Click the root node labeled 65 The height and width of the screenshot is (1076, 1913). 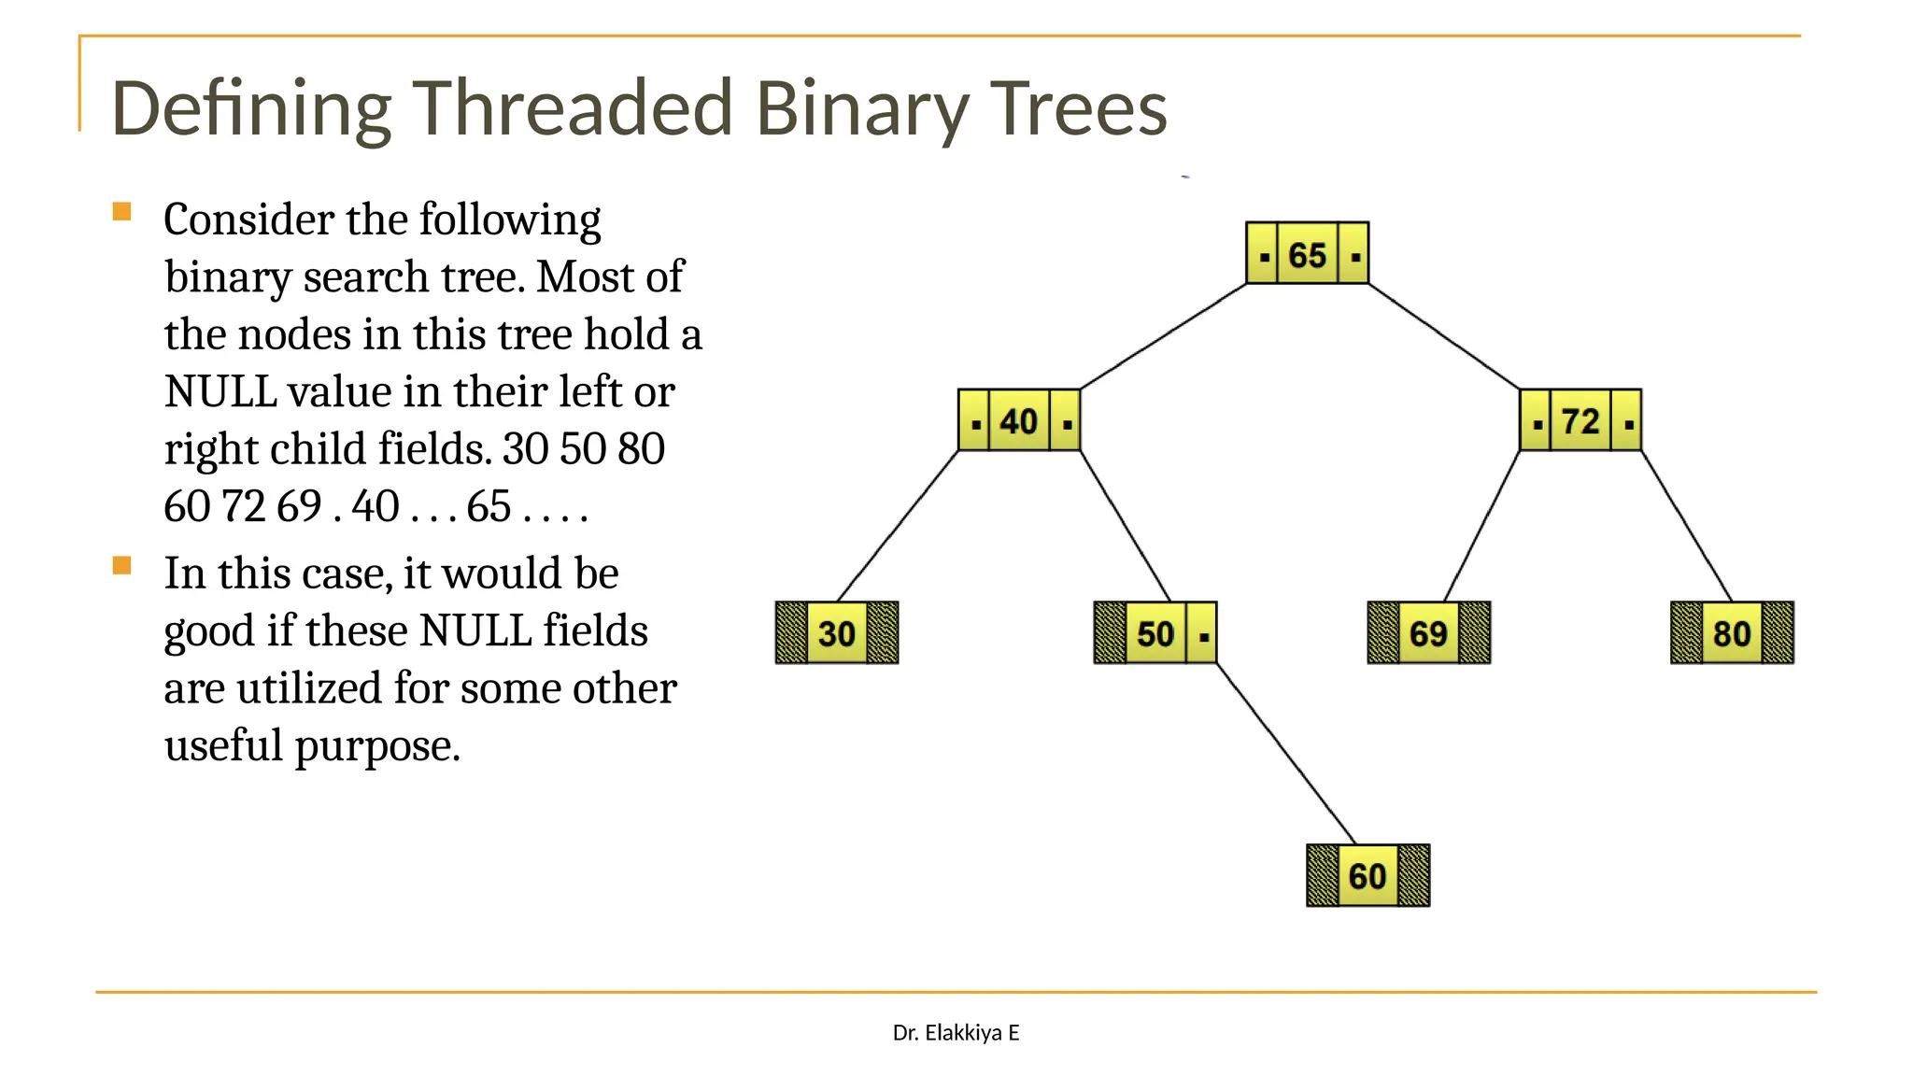(x=1307, y=254)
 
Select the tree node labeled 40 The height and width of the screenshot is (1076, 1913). (x=1019, y=421)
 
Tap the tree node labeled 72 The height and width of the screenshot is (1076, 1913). (x=1580, y=421)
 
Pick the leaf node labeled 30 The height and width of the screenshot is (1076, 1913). (x=837, y=633)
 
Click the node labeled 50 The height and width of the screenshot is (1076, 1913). (x=1155, y=633)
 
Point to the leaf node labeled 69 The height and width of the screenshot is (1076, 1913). (x=1428, y=633)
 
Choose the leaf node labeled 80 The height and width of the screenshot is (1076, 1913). (x=1732, y=633)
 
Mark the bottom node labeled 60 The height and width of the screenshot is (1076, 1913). (x=1367, y=876)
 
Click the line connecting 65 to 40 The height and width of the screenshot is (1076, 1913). (x=1164, y=336)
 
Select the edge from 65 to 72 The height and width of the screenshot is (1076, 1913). (x=1444, y=336)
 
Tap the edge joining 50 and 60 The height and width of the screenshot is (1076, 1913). (x=1285, y=754)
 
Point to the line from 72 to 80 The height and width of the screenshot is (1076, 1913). (x=1687, y=526)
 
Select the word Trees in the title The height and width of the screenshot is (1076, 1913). (x=1078, y=108)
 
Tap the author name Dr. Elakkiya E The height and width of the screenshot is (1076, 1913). (x=956, y=1032)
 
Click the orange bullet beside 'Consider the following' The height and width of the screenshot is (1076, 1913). (x=121, y=212)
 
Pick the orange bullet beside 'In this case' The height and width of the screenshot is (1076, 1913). (x=121, y=566)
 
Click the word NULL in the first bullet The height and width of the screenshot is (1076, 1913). (x=220, y=392)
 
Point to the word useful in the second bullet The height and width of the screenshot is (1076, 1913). (x=223, y=745)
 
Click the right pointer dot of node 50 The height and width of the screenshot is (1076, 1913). (x=1204, y=637)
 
